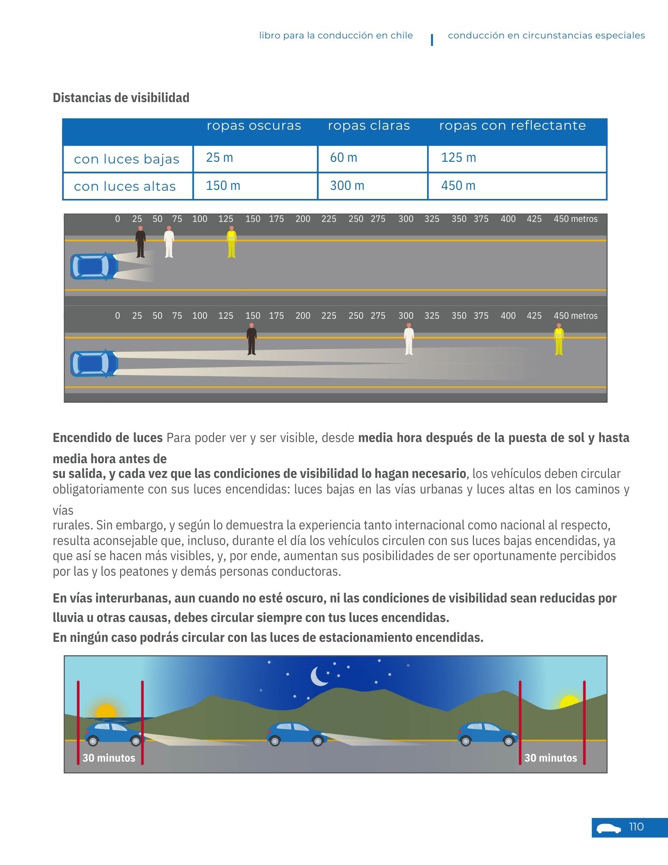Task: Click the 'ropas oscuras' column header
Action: [254, 126]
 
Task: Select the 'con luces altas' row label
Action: [125, 186]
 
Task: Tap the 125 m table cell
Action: [458, 158]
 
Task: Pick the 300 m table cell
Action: [347, 186]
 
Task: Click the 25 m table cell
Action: [220, 158]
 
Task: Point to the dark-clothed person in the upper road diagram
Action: [141, 242]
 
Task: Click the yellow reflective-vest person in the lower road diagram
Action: [559, 340]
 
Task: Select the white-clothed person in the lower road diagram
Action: [409, 340]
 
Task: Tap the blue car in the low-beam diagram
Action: [94, 266]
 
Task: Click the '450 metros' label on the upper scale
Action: [575, 219]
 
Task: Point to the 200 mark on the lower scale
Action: [303, 316]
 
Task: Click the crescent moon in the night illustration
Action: [319, 676]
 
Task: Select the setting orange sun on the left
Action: [106, 711]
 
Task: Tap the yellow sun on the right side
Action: [569, 702]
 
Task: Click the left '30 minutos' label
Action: [109, 758]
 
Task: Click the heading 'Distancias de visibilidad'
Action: [121, 98]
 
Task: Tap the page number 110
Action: [636, 827]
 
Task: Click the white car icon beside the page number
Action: [608, 828]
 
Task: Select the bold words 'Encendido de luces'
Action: [108, 438]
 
